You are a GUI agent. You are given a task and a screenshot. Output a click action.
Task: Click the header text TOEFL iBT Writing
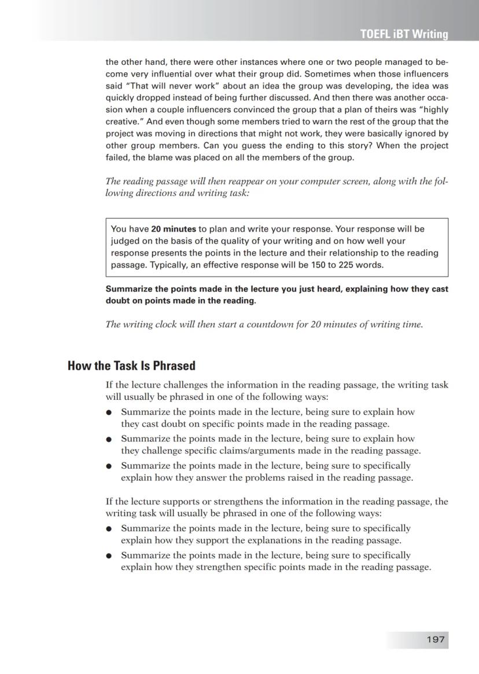[404, 34]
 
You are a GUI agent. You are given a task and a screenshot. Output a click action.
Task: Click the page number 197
[436, 639]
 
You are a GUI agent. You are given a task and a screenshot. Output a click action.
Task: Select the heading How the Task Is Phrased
[131, 366]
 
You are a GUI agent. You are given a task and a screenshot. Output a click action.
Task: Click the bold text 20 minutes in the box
[174, 229]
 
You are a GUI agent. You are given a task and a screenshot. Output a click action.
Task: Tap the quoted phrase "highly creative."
[428, 109]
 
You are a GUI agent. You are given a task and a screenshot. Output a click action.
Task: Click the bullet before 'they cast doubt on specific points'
[108, 412]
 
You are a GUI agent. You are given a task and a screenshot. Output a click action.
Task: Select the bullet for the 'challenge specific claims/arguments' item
[108, 439]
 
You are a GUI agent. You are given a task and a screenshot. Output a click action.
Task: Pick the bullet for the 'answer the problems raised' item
[108, 466]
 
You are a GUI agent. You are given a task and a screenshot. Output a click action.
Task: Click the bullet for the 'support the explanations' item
[108, 529]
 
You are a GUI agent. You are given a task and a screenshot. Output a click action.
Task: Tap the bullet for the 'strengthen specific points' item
[108, 555]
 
